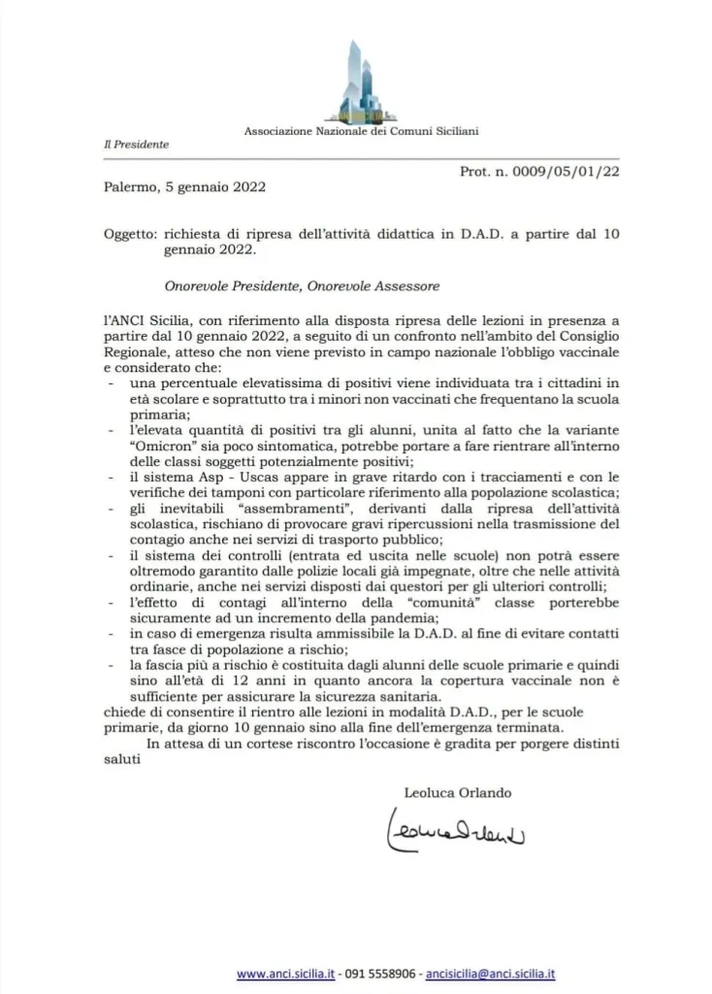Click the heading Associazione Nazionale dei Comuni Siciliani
[x=361, y=130]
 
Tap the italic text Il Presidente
[x=137, y=145]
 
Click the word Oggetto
[x=129, y=234]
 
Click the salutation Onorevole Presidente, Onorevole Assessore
[x=302, y=286]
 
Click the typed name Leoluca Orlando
[x=458, y=792]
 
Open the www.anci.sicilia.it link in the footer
[x=285, y=974]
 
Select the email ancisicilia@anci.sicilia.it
[x=492, y=974]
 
